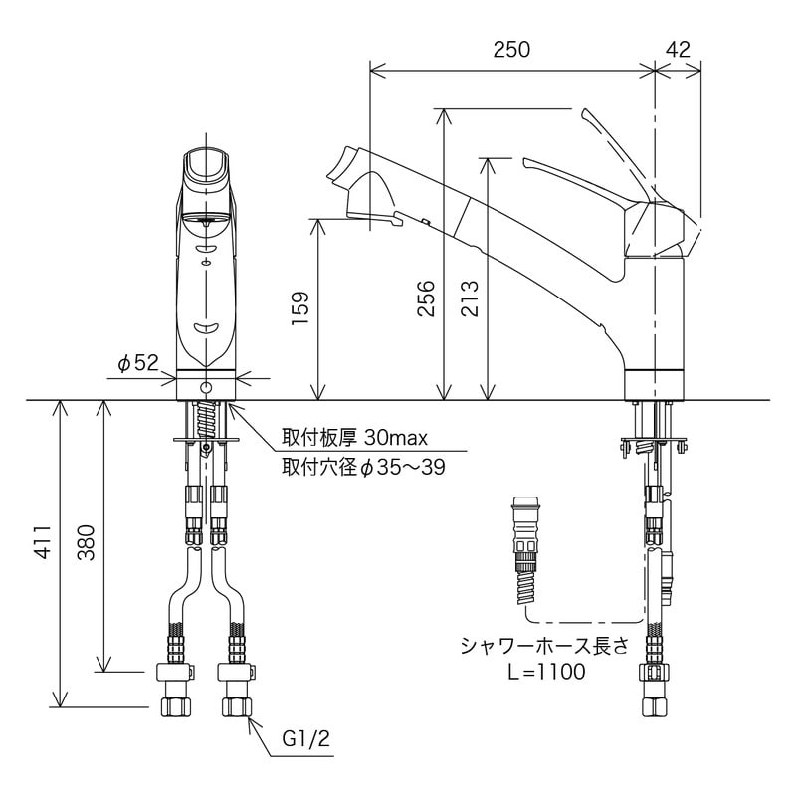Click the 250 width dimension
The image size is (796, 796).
point(511,49)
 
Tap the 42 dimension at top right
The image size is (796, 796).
point(679,49)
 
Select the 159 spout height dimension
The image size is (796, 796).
point(300,308)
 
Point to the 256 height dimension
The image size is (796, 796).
point(427,298)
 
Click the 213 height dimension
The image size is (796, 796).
point(470,298)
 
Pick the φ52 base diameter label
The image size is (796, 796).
point(138,363)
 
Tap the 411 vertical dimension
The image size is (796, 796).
point(43,542)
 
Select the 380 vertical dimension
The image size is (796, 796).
point(87,542)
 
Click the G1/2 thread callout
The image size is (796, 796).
point(306,738)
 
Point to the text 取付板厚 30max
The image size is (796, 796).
point(355,437)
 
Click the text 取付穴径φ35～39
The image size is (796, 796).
point(363,467)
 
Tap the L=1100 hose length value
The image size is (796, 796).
point(546,672)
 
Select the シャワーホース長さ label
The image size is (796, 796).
point(544,646)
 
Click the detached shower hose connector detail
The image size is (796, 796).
point(526,550)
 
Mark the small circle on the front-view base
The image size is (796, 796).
point(206,388)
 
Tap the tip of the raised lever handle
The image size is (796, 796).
point(586,112)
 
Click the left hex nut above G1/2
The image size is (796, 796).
point(176,707)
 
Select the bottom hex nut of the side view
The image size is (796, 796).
point(656,706)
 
